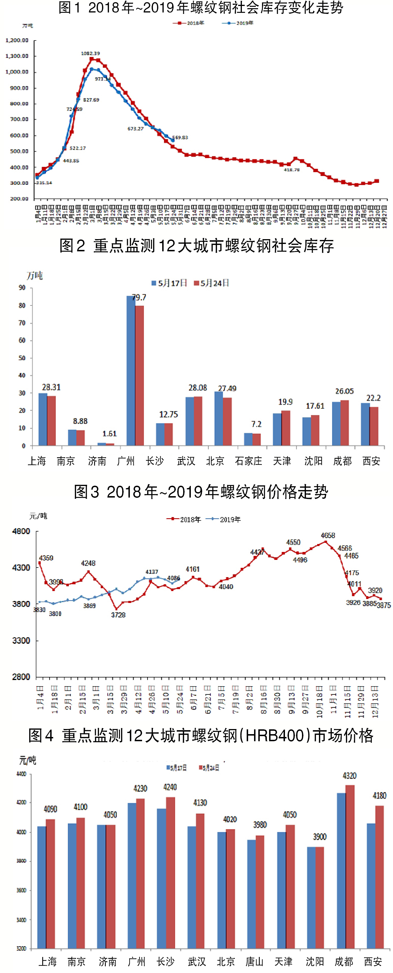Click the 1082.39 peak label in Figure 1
coord(90,53)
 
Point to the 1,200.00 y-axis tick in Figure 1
coord(17,41)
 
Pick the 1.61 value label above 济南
coord(109,434)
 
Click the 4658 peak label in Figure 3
coord(327,535)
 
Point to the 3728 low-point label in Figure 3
coord(118,615)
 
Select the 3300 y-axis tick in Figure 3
coord(21,641)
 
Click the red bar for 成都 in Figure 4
coord(350,866)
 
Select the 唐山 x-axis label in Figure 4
coord(254,961)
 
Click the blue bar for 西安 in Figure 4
coord(371,885)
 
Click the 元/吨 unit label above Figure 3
coord(39,516)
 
